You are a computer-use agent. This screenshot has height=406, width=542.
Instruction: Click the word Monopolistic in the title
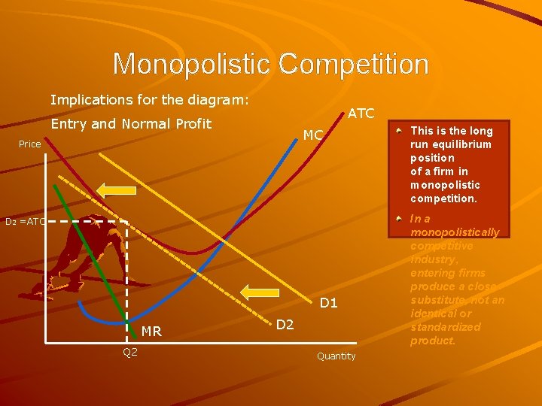(192, 64)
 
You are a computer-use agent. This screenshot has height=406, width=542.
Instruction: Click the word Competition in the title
(354, 64)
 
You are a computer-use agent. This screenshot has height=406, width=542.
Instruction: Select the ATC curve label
(361, 114)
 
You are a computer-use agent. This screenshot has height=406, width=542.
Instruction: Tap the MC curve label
(312, 135)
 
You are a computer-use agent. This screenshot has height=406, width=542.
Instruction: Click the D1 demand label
(329, 304)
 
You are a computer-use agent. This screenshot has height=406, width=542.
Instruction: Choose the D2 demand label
(285, 325)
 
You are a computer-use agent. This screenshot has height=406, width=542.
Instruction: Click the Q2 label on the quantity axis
(130, 352)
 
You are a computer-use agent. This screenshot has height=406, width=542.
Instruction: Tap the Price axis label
(30, 144)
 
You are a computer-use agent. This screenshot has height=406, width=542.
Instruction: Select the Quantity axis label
(336, 356)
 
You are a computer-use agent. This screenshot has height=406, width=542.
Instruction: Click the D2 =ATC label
(26, 222)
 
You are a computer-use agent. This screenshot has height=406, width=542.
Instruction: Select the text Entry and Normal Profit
(131, 123)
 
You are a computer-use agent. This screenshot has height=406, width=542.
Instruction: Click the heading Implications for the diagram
(149, 99)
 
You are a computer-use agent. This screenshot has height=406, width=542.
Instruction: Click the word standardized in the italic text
(446, 327)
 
